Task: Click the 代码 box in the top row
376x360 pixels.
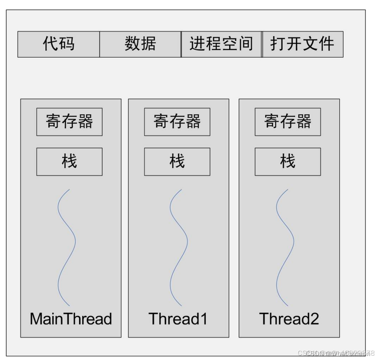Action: coord(58,44)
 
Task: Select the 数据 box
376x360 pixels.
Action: coord(140,44)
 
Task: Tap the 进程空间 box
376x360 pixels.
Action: coord(221,44)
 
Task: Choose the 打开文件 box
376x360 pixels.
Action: coord(302,44)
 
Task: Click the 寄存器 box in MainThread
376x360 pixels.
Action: coord(69,122)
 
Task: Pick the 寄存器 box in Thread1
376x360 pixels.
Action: coord(177,122)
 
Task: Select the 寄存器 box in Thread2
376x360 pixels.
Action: coord(287,122)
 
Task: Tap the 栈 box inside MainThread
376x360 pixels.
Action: coord(69,161)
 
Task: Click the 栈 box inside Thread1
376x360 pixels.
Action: coord(177,161)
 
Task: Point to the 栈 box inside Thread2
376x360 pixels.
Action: coord(287,161)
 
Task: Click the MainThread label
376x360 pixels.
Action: coord(71,319)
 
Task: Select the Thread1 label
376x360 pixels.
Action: coord(178,319)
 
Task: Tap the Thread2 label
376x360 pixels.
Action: coord(289,319)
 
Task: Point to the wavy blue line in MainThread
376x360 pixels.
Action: coord(74,241)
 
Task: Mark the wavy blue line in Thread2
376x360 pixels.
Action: coord(293,241)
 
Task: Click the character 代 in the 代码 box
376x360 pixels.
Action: coord(50,44)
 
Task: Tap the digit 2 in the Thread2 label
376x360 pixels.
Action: coord(314,319)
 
